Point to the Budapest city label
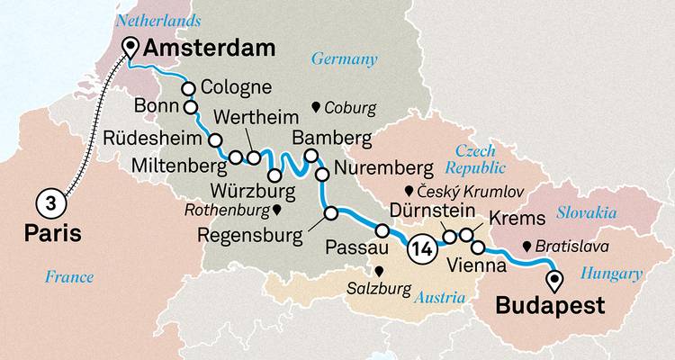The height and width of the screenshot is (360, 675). (551, 306)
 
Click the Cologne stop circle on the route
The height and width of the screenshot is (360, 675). (189, 88)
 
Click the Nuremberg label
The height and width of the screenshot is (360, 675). (378, 168)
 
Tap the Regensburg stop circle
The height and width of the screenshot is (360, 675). (330, 213)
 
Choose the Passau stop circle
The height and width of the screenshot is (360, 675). (382, 231)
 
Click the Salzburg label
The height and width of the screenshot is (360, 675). (378, 288)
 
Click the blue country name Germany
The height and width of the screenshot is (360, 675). (343, 59)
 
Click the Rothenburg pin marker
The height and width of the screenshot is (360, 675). (277, 211)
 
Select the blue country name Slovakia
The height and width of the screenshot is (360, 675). (587, 212)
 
